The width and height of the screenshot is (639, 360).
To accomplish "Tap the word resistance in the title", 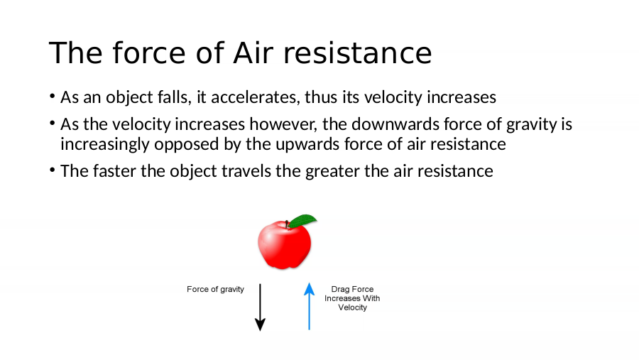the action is tap(357, 53).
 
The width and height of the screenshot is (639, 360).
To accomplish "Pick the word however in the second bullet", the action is tap(283, 124).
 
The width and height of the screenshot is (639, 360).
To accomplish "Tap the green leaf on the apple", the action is tap(302, 221).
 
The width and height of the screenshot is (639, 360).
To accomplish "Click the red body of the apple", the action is tap(284, 245).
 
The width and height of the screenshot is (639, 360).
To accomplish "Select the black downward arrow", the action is tap(260, 307).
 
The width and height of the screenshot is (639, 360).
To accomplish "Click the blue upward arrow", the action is tap(310, 306).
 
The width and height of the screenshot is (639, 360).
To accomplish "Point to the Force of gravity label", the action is tap(215, 290).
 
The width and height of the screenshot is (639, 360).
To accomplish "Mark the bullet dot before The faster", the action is tap(52, 170).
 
